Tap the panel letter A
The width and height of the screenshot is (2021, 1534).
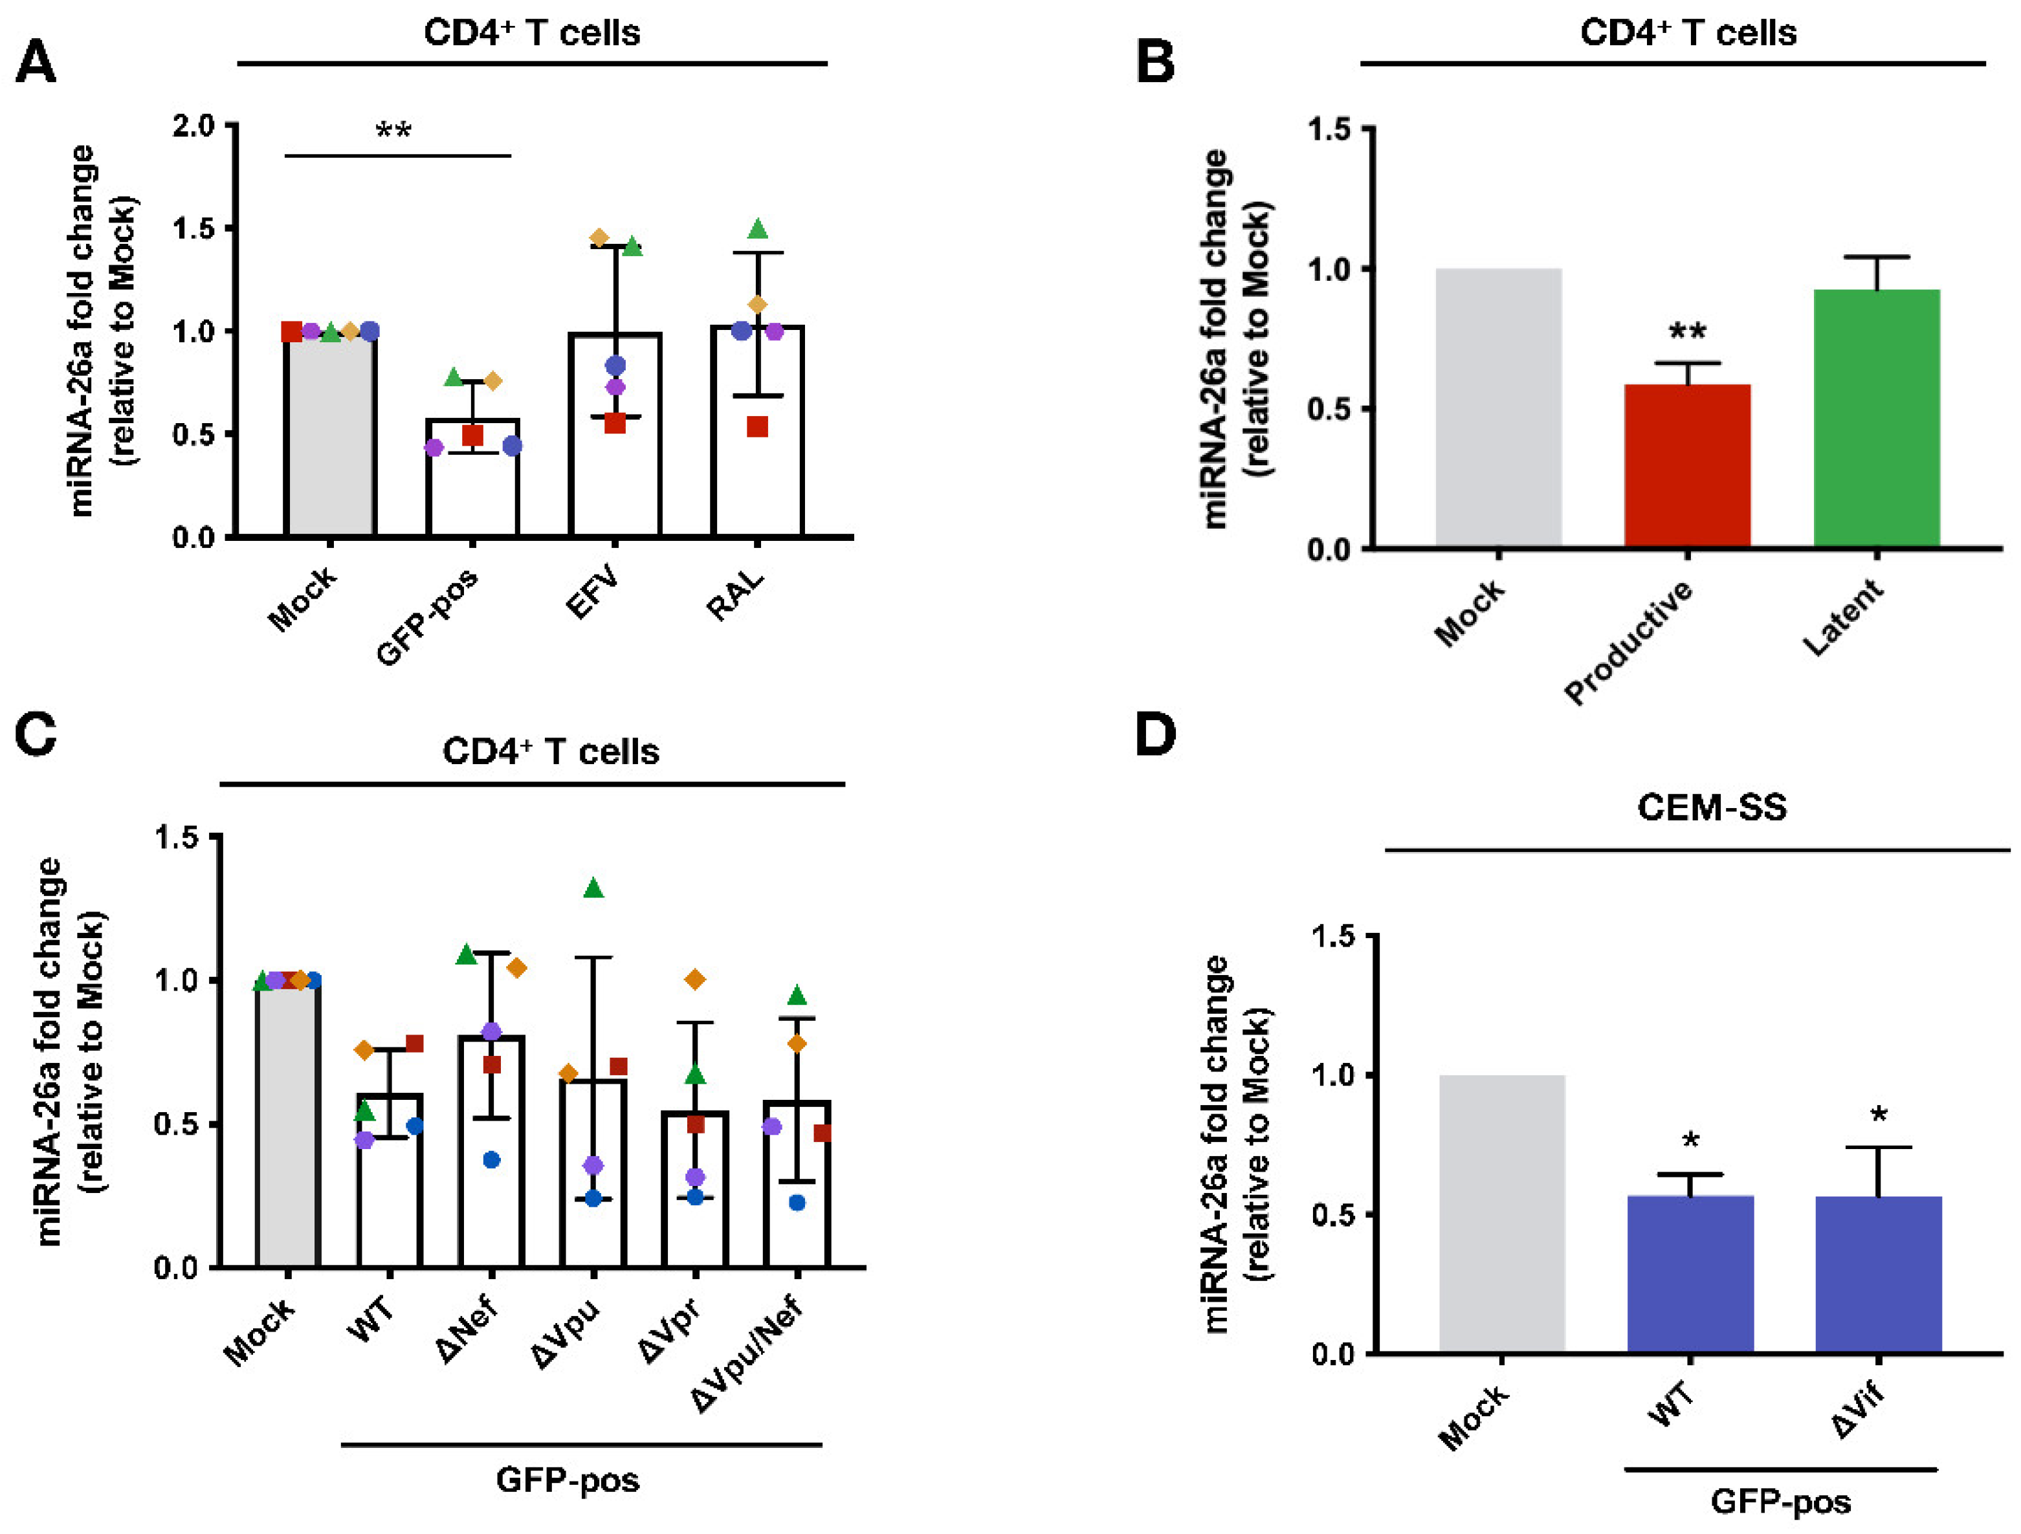[36, 63]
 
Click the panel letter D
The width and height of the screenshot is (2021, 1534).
[1155, 734]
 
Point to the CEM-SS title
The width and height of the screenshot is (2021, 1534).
[1711, 807]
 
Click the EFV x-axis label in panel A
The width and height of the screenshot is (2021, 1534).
[592, 593]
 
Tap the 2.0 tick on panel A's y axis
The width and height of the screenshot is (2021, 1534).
[193, 125]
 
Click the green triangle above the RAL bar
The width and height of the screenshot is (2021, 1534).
[757, 229]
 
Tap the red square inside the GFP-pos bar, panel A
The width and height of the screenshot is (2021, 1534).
[472, 436]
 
